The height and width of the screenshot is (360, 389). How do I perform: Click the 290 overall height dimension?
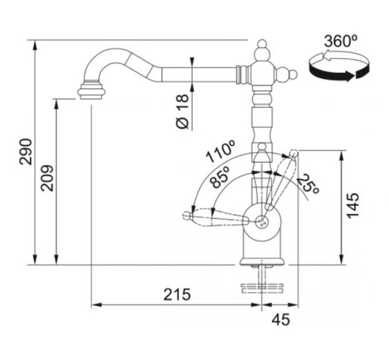tap(26, 151)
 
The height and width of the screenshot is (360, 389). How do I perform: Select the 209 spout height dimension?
tap(47, 178)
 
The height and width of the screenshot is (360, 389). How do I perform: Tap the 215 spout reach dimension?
tap(177, 295)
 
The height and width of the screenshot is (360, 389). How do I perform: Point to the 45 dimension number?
tap(280, 319)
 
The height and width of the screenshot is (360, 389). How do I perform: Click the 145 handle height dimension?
tap(353, 206)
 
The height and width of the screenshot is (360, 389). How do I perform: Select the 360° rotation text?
tap(340, 41)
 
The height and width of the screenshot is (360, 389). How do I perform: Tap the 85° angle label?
tap(219, 177)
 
